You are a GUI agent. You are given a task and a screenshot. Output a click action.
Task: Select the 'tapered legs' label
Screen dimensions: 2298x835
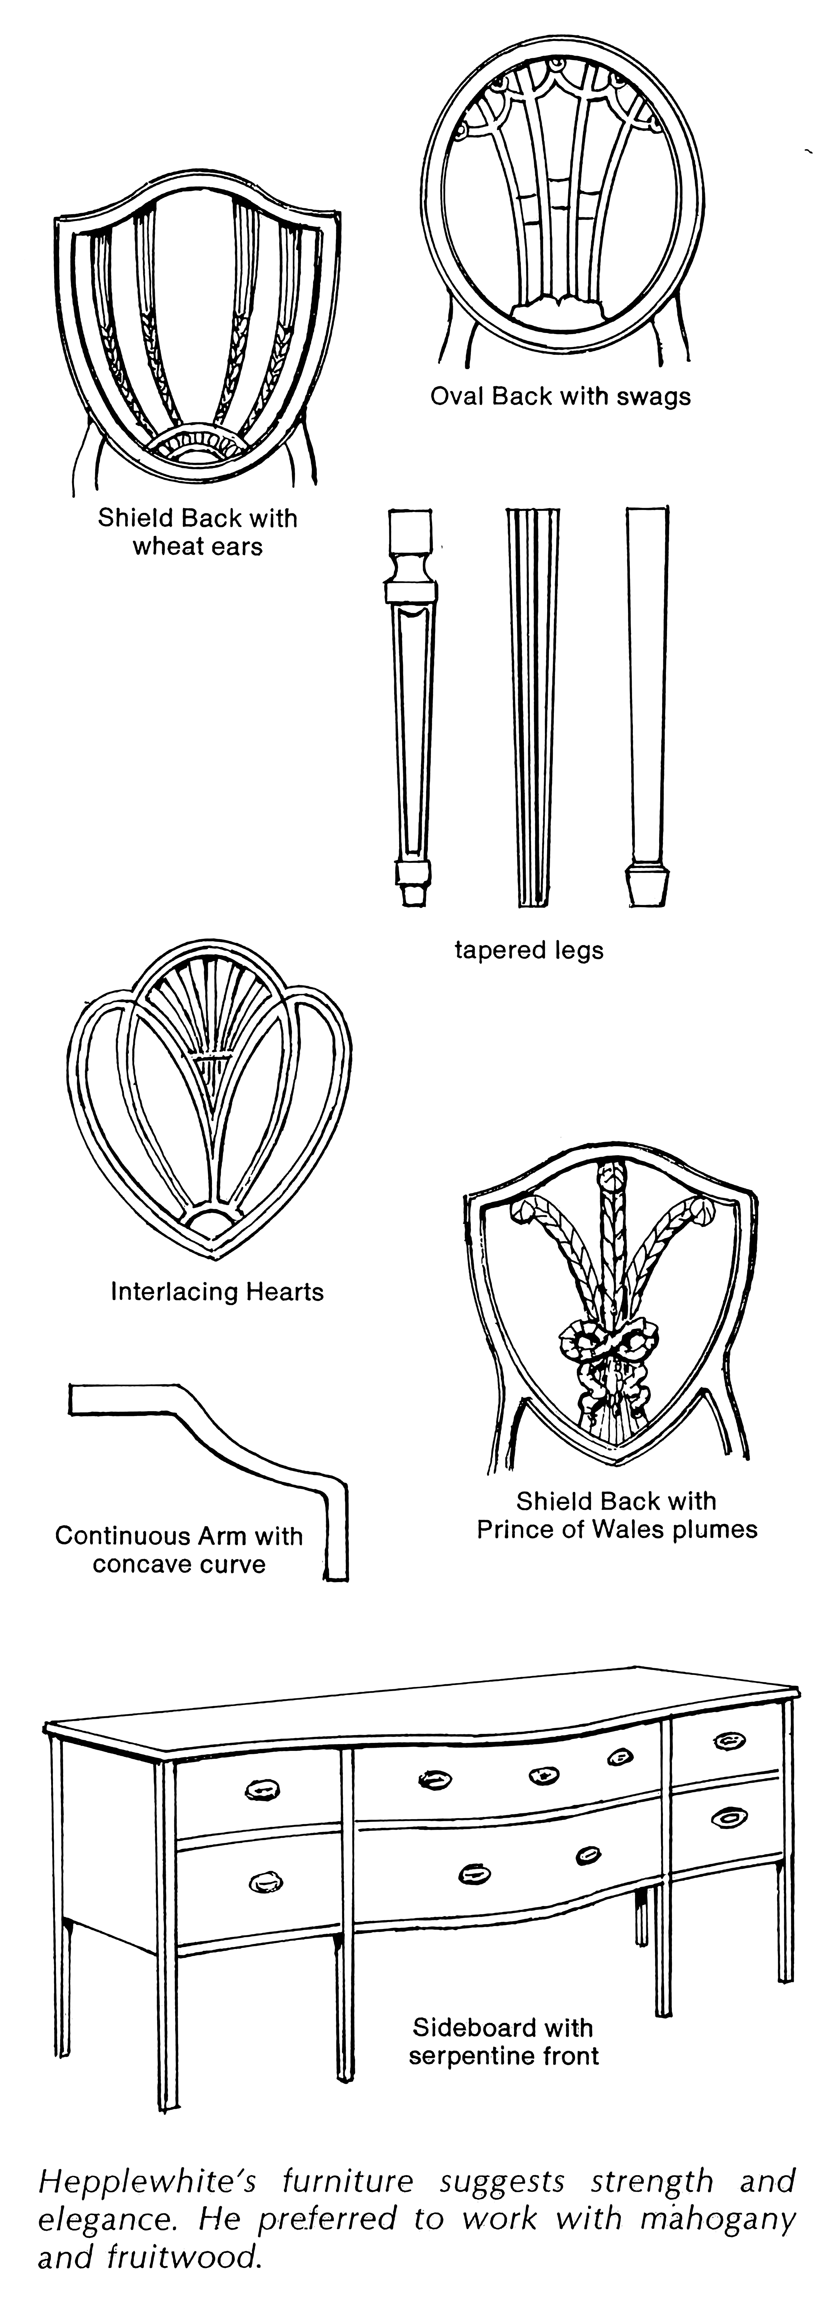tap(529, 950)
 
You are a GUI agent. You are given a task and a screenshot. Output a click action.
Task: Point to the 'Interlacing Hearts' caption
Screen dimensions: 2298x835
tap(217, 1292)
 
